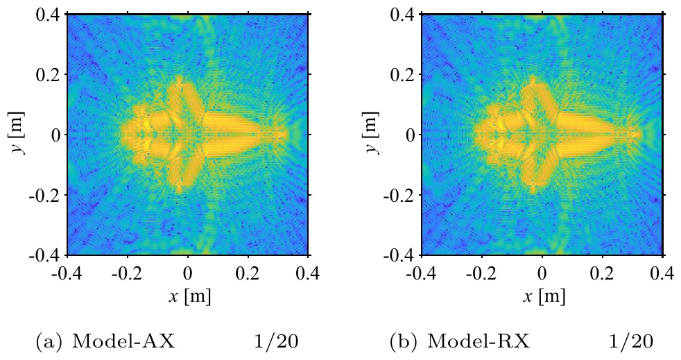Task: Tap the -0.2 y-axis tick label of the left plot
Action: (44, 195)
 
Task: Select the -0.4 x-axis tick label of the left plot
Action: (67, 274)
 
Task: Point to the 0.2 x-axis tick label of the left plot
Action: (248, 274)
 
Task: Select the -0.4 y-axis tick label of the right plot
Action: (399, 255)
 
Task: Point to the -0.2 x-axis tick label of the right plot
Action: (482, 274)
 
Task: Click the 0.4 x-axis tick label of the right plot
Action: (662, 274)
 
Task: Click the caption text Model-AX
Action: (123, 342)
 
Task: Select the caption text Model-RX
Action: (479, 342)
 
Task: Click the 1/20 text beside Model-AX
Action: (276, 342)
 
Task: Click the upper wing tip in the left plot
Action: (179, 78)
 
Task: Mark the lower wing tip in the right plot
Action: (533, 190)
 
